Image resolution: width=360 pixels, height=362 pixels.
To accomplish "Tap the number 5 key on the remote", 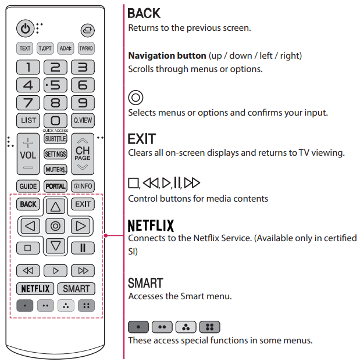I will (x=55, y=85).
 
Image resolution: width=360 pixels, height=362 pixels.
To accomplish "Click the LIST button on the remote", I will (x=28, y=121).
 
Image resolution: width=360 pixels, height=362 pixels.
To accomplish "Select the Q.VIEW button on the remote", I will (x=83, y=121).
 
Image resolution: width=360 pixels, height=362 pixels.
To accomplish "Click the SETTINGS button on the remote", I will (x=55, y=155).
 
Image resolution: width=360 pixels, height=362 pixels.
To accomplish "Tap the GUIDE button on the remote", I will (x=28, y=187).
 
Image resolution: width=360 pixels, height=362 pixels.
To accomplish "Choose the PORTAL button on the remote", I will (x=55, y=187).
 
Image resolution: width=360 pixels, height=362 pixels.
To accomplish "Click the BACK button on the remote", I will (x=28, y=204).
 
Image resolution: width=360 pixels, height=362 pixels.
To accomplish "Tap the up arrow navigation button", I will (x=55, y=206).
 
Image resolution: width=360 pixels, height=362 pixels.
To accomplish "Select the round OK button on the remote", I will (x=55, y=225).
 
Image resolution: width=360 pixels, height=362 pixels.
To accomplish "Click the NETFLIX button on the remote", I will (x=35, y=288).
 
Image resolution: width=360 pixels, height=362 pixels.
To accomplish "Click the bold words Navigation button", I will (x=167, y=56).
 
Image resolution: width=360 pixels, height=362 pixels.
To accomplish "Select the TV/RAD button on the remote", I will (x=85, y=48).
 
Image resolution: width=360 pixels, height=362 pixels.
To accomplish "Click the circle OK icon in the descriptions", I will (x=136, y=97).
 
